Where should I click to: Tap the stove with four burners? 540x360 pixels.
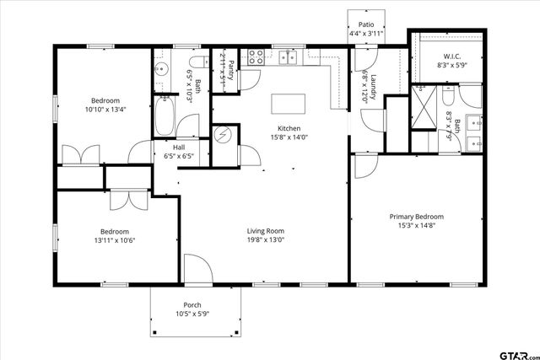(x=256, y=57)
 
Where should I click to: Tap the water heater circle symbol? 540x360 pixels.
(x=223, y=135)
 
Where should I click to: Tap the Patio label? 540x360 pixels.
(x=366, y=24)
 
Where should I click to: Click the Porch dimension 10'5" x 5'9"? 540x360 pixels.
(x=192, y=314)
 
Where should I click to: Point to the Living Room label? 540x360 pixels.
(x=265, y=230)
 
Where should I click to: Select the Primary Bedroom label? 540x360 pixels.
(x=416, y=217)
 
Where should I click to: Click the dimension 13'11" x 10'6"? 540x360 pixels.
(x=115, y=240)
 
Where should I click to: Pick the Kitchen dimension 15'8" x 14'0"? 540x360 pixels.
(x=289, y=137)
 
